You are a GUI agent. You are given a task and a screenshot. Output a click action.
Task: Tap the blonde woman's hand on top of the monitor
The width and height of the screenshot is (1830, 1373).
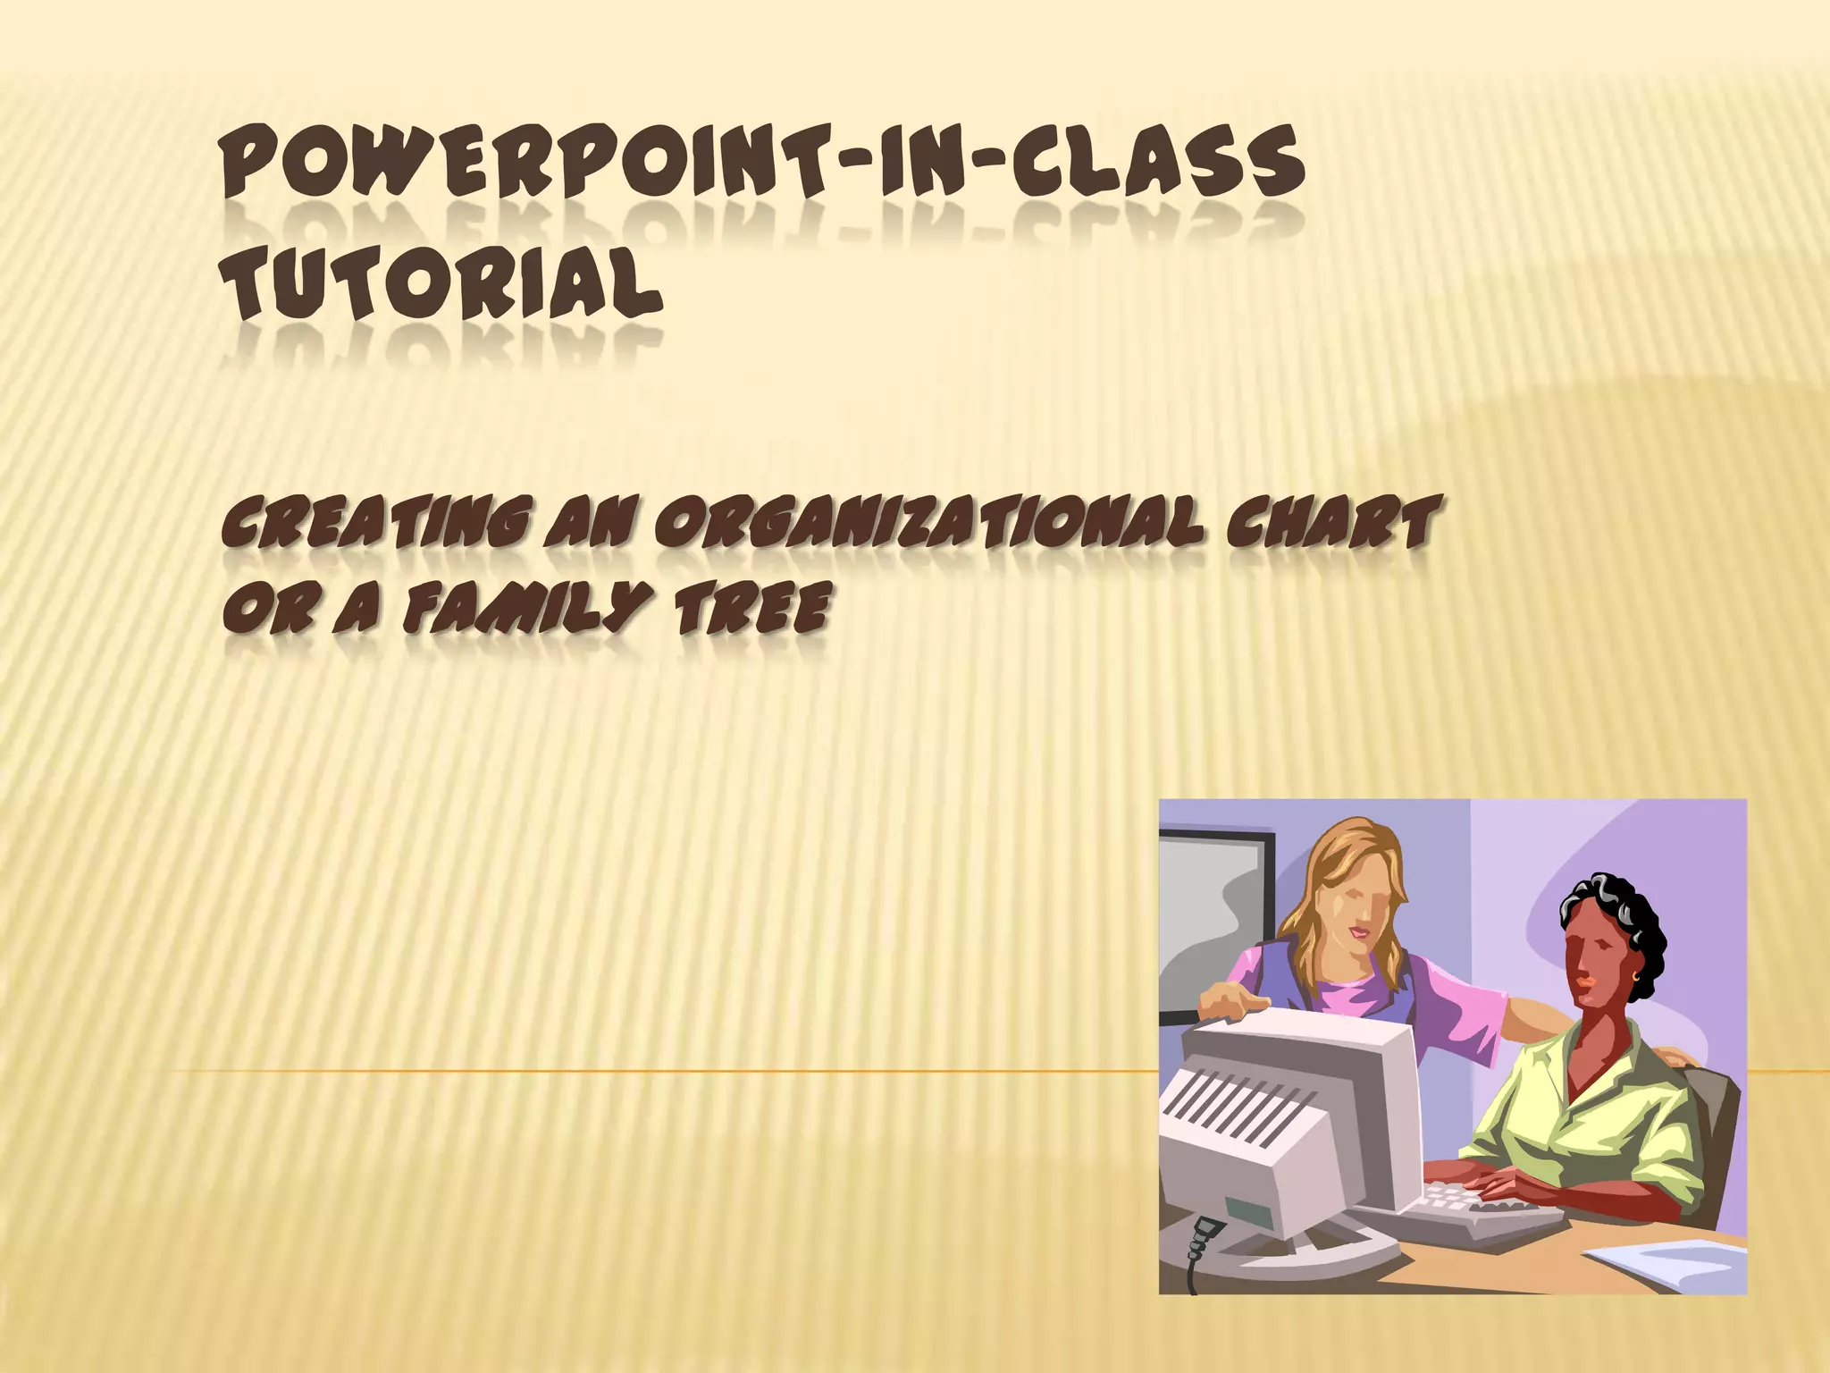click(x=1233, y=1006)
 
